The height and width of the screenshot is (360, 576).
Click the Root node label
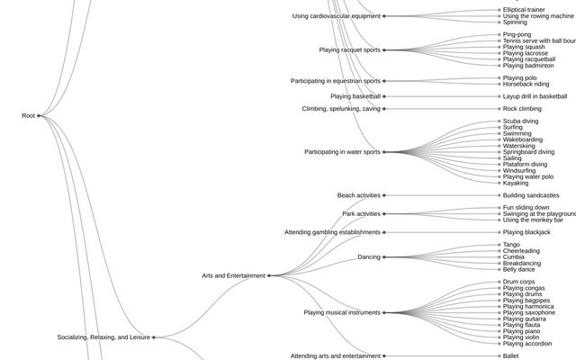(27, 116)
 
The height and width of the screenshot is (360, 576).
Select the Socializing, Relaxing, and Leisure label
(103, 337)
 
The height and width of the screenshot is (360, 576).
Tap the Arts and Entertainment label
(234, 275)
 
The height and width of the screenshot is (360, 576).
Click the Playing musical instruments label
(342, 312)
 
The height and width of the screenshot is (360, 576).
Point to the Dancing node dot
(384, 257)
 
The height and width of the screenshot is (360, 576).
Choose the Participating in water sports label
(342, 152)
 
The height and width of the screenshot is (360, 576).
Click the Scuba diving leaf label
(520, 121)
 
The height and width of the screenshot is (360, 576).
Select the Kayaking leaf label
(516, 184)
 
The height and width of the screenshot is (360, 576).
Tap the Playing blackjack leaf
(526, 232)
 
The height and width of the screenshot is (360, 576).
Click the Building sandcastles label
(531, 195)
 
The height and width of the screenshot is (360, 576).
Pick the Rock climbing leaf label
(522, 109)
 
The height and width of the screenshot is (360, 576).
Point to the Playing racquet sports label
(349, 50)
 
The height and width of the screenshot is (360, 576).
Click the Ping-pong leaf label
(517, 34)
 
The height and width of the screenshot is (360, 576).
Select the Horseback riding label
(526, 85)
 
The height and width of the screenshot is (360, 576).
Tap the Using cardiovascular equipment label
(337, 16)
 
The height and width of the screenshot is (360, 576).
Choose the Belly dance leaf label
(518, 269)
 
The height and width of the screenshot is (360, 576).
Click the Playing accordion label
(527, 344)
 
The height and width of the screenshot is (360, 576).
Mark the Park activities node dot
(384, 214)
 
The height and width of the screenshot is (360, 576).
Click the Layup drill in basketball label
(535, 96)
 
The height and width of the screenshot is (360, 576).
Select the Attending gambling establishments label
(333, 232)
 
